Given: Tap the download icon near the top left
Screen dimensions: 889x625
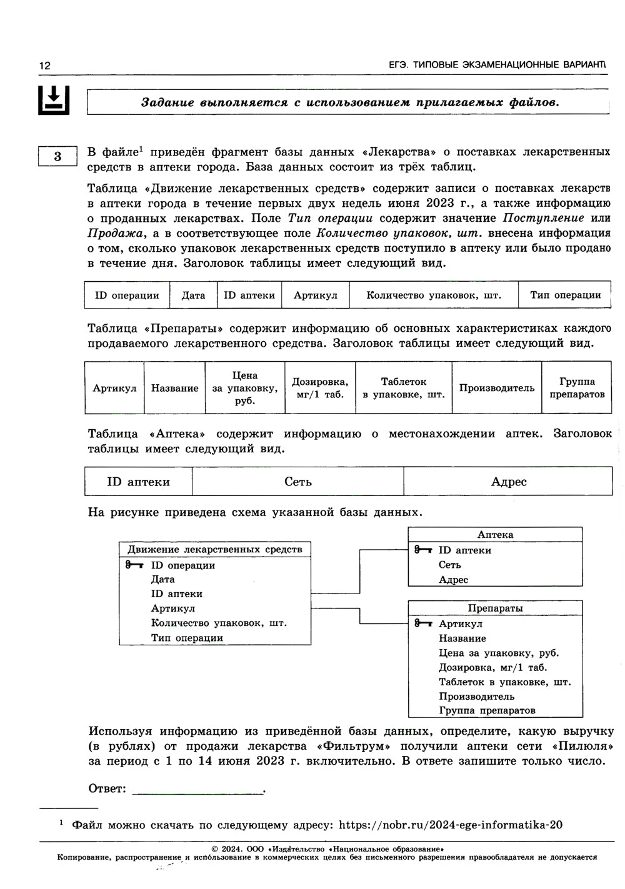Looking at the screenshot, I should click(x=54, y=99).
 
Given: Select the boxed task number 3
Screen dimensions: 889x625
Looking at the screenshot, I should click(x=57, y=156).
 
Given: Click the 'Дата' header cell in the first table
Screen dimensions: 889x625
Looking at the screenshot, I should click(x=193, y=295).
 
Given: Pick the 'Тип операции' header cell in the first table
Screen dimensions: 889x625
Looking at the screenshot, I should click(x=565, y=295).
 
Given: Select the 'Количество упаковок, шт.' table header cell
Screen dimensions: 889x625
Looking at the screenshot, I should click(x=434, y=295).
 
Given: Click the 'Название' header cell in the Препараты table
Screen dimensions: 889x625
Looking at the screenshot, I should click(x=174, y=388).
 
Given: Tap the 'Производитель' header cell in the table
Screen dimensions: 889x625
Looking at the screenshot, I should click(x=497, y=388).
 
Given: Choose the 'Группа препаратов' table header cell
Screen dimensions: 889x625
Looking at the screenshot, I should click(x=577, y=388).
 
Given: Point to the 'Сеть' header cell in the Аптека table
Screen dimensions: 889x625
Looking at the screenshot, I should click(x=297, y=482).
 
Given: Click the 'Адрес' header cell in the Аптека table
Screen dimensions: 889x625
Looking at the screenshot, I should click(x=508, y=482).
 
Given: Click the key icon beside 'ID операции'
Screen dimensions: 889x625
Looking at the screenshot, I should click(x=134, y=565).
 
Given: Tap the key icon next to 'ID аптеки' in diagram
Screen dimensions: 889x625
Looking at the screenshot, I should click(x=423, y=550).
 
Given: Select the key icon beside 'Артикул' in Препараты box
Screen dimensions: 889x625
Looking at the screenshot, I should click(x=423, y=623).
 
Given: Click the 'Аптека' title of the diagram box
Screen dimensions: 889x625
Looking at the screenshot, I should click(x=495, y=535).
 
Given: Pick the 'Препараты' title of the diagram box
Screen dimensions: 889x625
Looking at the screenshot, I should click(x=495, y=608).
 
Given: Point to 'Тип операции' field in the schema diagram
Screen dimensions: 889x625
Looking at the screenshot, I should click(x=187, y=638).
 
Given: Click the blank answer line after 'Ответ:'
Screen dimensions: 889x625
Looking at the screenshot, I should click(x=198, y=788).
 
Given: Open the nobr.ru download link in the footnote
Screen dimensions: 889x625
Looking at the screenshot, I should click(x=450, y=825).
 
